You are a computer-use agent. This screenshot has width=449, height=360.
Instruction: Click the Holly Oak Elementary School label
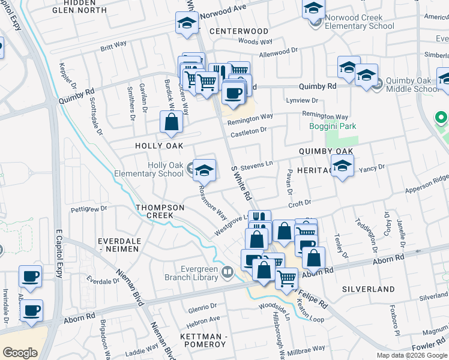pos(165,169)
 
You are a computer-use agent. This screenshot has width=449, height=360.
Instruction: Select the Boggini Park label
pos(333,126)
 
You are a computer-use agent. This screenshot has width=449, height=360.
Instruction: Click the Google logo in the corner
pos(20,352)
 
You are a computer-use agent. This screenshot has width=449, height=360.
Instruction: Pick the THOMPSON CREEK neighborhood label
pos(160,211)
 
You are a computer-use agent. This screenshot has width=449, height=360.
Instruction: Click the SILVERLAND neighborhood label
pos(369,289)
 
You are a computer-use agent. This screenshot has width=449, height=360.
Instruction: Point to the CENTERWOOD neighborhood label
pos(239,31)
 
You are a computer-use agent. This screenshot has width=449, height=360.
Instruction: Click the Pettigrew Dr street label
pos(88,209)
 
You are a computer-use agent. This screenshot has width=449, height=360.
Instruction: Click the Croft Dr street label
pos(300,203)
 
